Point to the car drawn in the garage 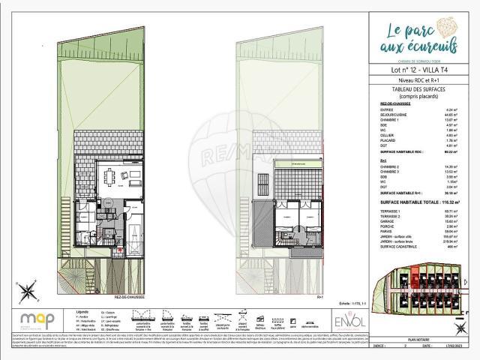pos(134,226)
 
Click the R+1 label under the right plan pos(320,296)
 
